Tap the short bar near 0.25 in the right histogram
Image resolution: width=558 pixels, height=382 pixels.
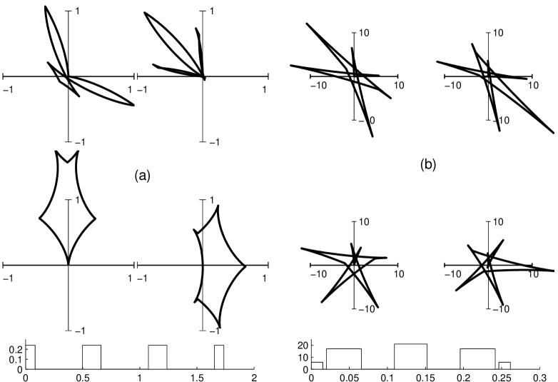(504, 365)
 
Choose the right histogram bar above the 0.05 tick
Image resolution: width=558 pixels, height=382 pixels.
(344, 358)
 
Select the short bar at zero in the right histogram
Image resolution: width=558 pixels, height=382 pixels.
(317, 365)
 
